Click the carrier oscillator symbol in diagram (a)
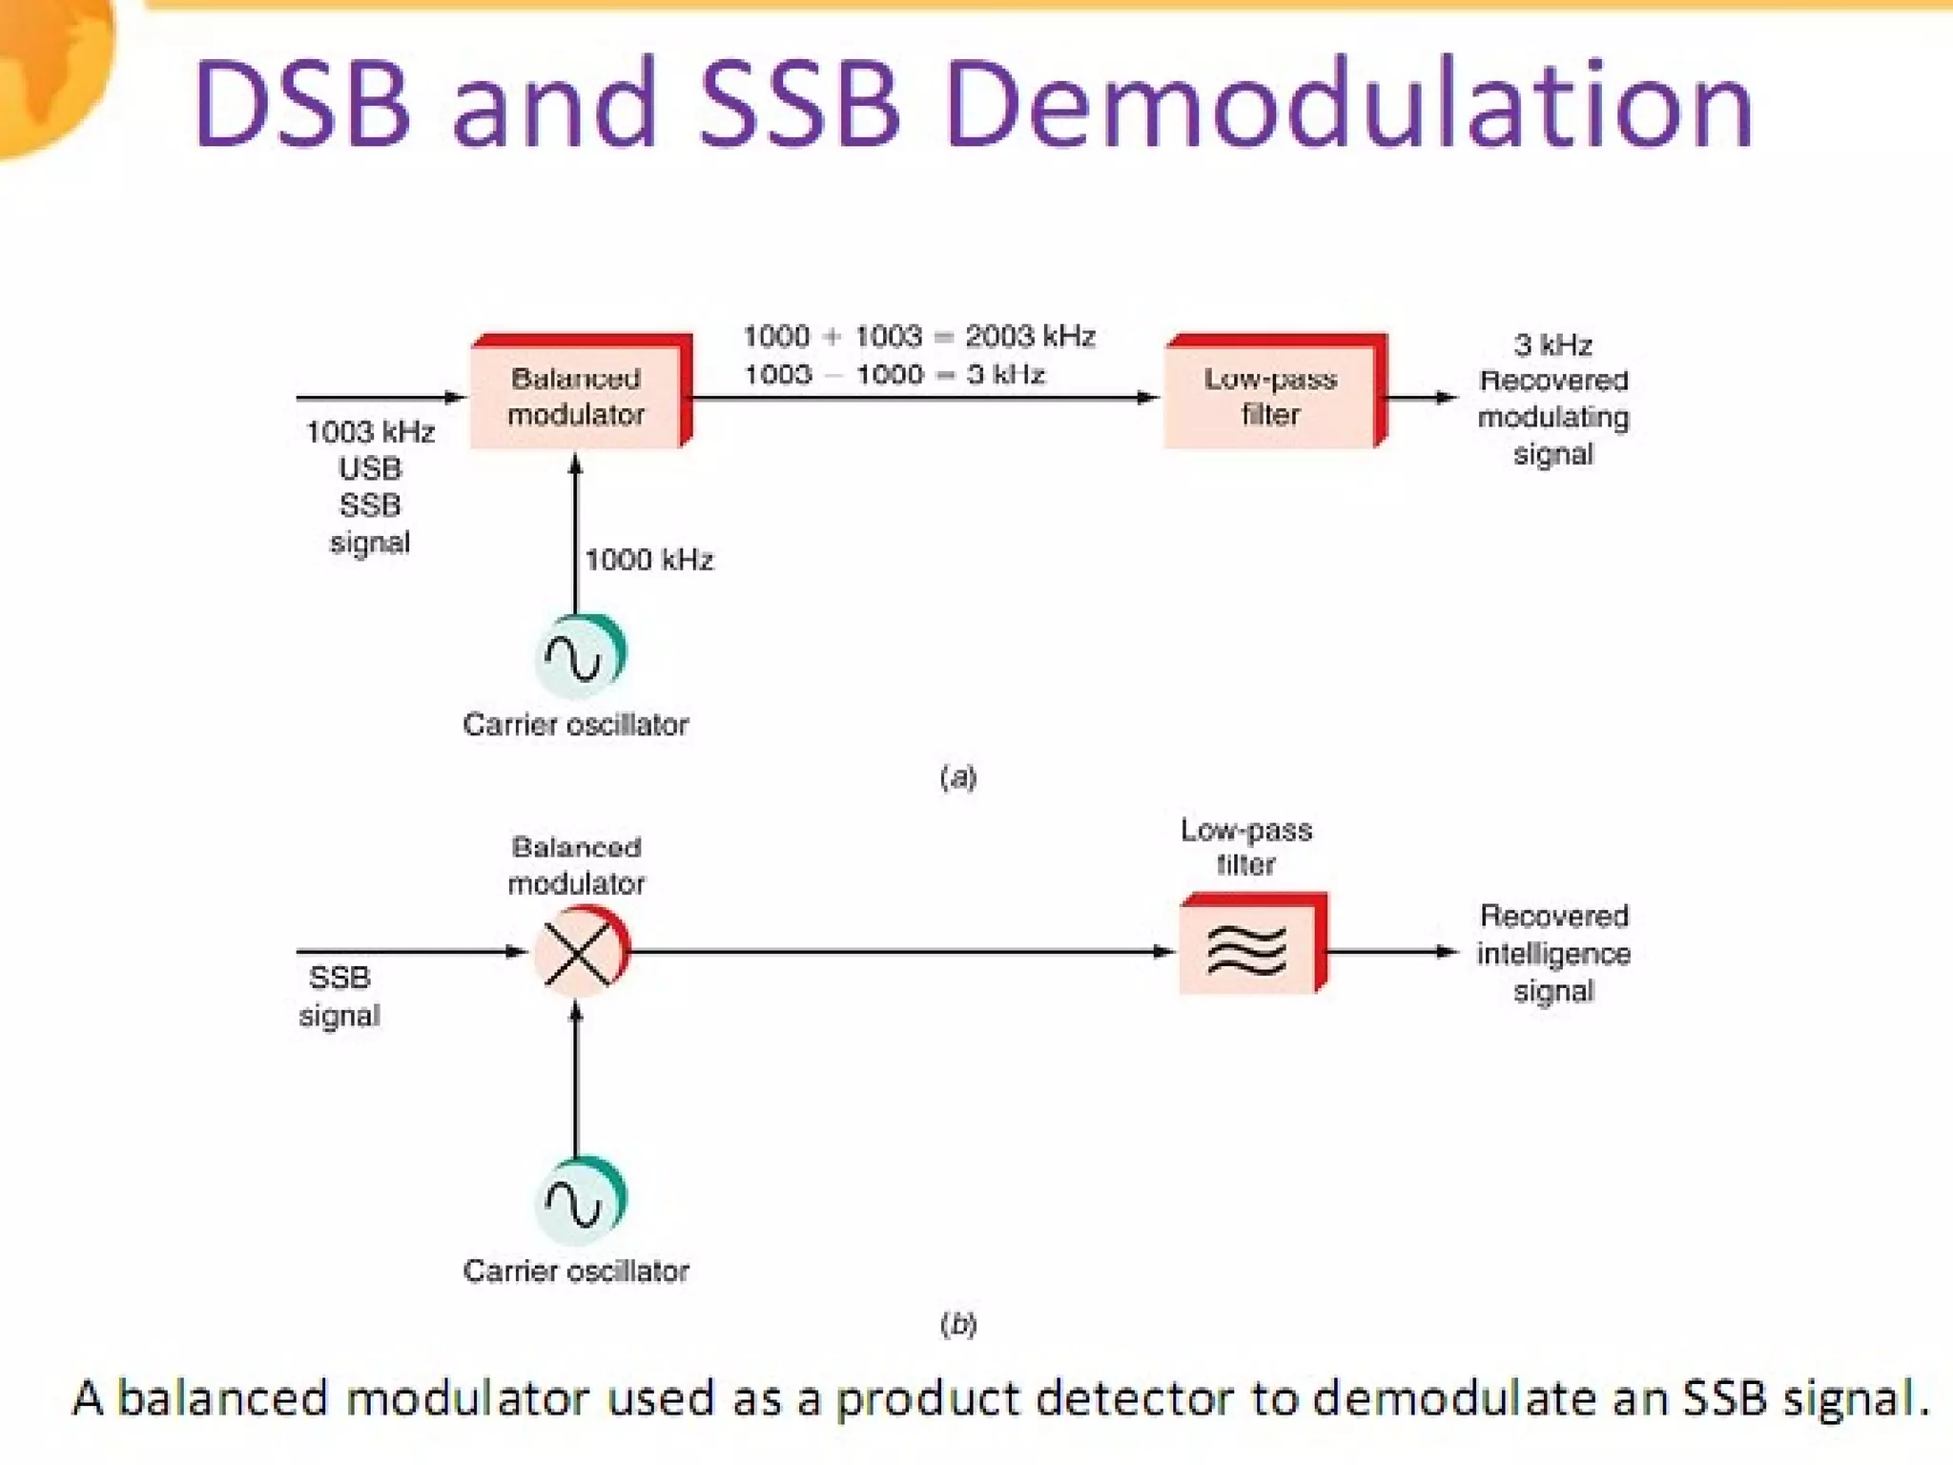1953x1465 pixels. click(x=579, y=656)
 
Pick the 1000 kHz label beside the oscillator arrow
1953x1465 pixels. click(x=648, y=560)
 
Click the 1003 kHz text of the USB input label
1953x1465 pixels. click(x=370, y=432)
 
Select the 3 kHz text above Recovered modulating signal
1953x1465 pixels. click(x=1552, y=344)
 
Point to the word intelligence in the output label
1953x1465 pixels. click(x=1553, y=954)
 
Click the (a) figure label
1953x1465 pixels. click(x=958, y=777)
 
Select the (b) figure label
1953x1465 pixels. click(x=958, y=1324)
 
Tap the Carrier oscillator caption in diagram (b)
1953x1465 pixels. click(x=576, y=1271)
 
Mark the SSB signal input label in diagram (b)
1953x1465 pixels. click(x=339, y=996)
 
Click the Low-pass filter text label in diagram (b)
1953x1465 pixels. click(x=1246, y=847)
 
